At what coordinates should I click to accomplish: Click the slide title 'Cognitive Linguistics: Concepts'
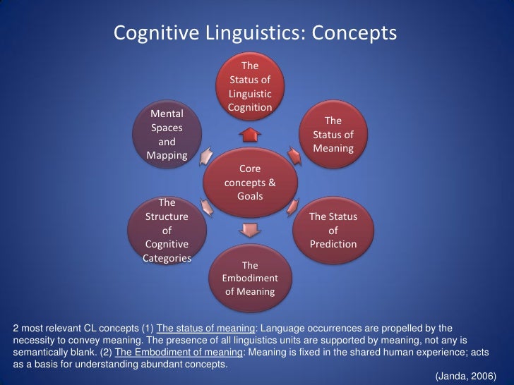[256, 33]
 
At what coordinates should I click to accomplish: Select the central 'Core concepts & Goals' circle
[250, 182]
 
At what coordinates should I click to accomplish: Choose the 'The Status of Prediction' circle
[333, 230]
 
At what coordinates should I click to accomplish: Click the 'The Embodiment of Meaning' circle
[250, 278]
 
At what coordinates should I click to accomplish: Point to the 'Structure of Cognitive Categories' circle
[167, 230]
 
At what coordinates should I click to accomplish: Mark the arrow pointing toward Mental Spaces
[207, 157]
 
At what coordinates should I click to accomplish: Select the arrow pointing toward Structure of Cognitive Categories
[207, 206]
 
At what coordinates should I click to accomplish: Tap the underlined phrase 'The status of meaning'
[204, 329]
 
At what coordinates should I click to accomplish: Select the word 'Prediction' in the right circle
[333, 244]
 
